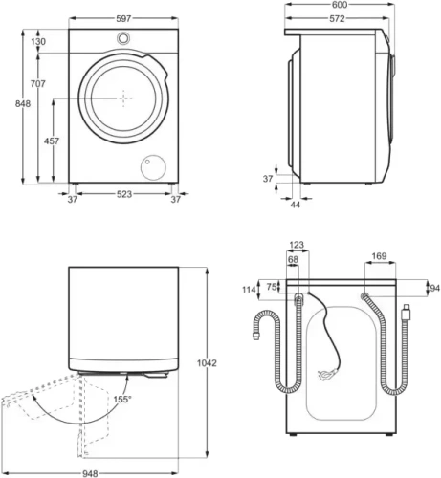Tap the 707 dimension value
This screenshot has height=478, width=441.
(x=39, y=85)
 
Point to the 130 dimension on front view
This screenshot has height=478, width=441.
(x=38, y=42)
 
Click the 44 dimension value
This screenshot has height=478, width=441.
(x=296, y=205)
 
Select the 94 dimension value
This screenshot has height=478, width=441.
(x=434, y=288)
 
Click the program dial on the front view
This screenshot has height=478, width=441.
(x=122, y=37)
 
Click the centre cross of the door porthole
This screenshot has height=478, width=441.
(x=122, y=98)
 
